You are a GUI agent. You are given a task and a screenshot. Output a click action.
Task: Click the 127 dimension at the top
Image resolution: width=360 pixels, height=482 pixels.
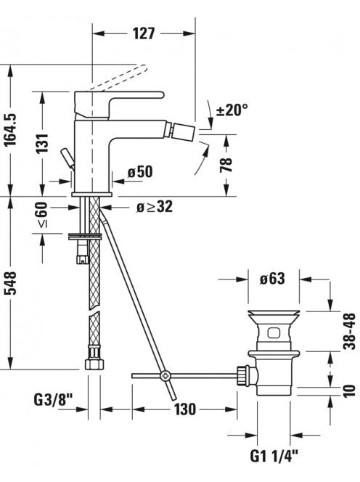(144, 33)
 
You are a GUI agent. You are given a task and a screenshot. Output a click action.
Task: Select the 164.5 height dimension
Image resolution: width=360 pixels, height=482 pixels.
(12, 130)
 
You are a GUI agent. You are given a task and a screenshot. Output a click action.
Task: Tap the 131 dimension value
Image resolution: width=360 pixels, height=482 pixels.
(42, 143)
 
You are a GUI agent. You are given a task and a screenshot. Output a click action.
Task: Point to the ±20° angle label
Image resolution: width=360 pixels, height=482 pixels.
(232, 110)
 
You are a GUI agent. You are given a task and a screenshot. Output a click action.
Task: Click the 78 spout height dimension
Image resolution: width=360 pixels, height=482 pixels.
(226, 165)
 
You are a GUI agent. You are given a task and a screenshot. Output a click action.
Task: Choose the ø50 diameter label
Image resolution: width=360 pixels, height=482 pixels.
(140, 172)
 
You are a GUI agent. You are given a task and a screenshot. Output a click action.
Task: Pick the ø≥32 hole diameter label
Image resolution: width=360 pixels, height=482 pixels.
(155, 207)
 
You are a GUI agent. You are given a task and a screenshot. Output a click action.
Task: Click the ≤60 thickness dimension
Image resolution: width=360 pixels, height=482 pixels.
(42, 215)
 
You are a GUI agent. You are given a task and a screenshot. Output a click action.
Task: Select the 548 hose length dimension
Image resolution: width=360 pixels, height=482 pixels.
(10, 283)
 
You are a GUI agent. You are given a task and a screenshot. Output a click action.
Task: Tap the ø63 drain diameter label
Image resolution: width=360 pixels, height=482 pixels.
(272, 279)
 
